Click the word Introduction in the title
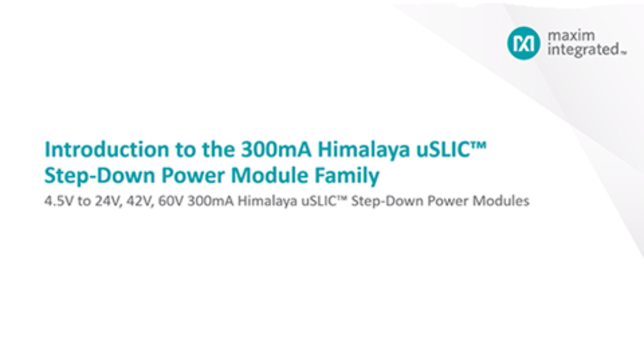[x=107, y=150]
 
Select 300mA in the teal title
[x=276, y=150]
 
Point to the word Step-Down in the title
[x=100, y=176]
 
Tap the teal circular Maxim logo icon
[x=523, y=43]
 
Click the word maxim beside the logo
[x=571, y=36]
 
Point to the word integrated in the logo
[x=583, y=50]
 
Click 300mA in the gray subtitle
[x=211, y=201]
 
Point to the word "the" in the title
[x=218, y=150]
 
